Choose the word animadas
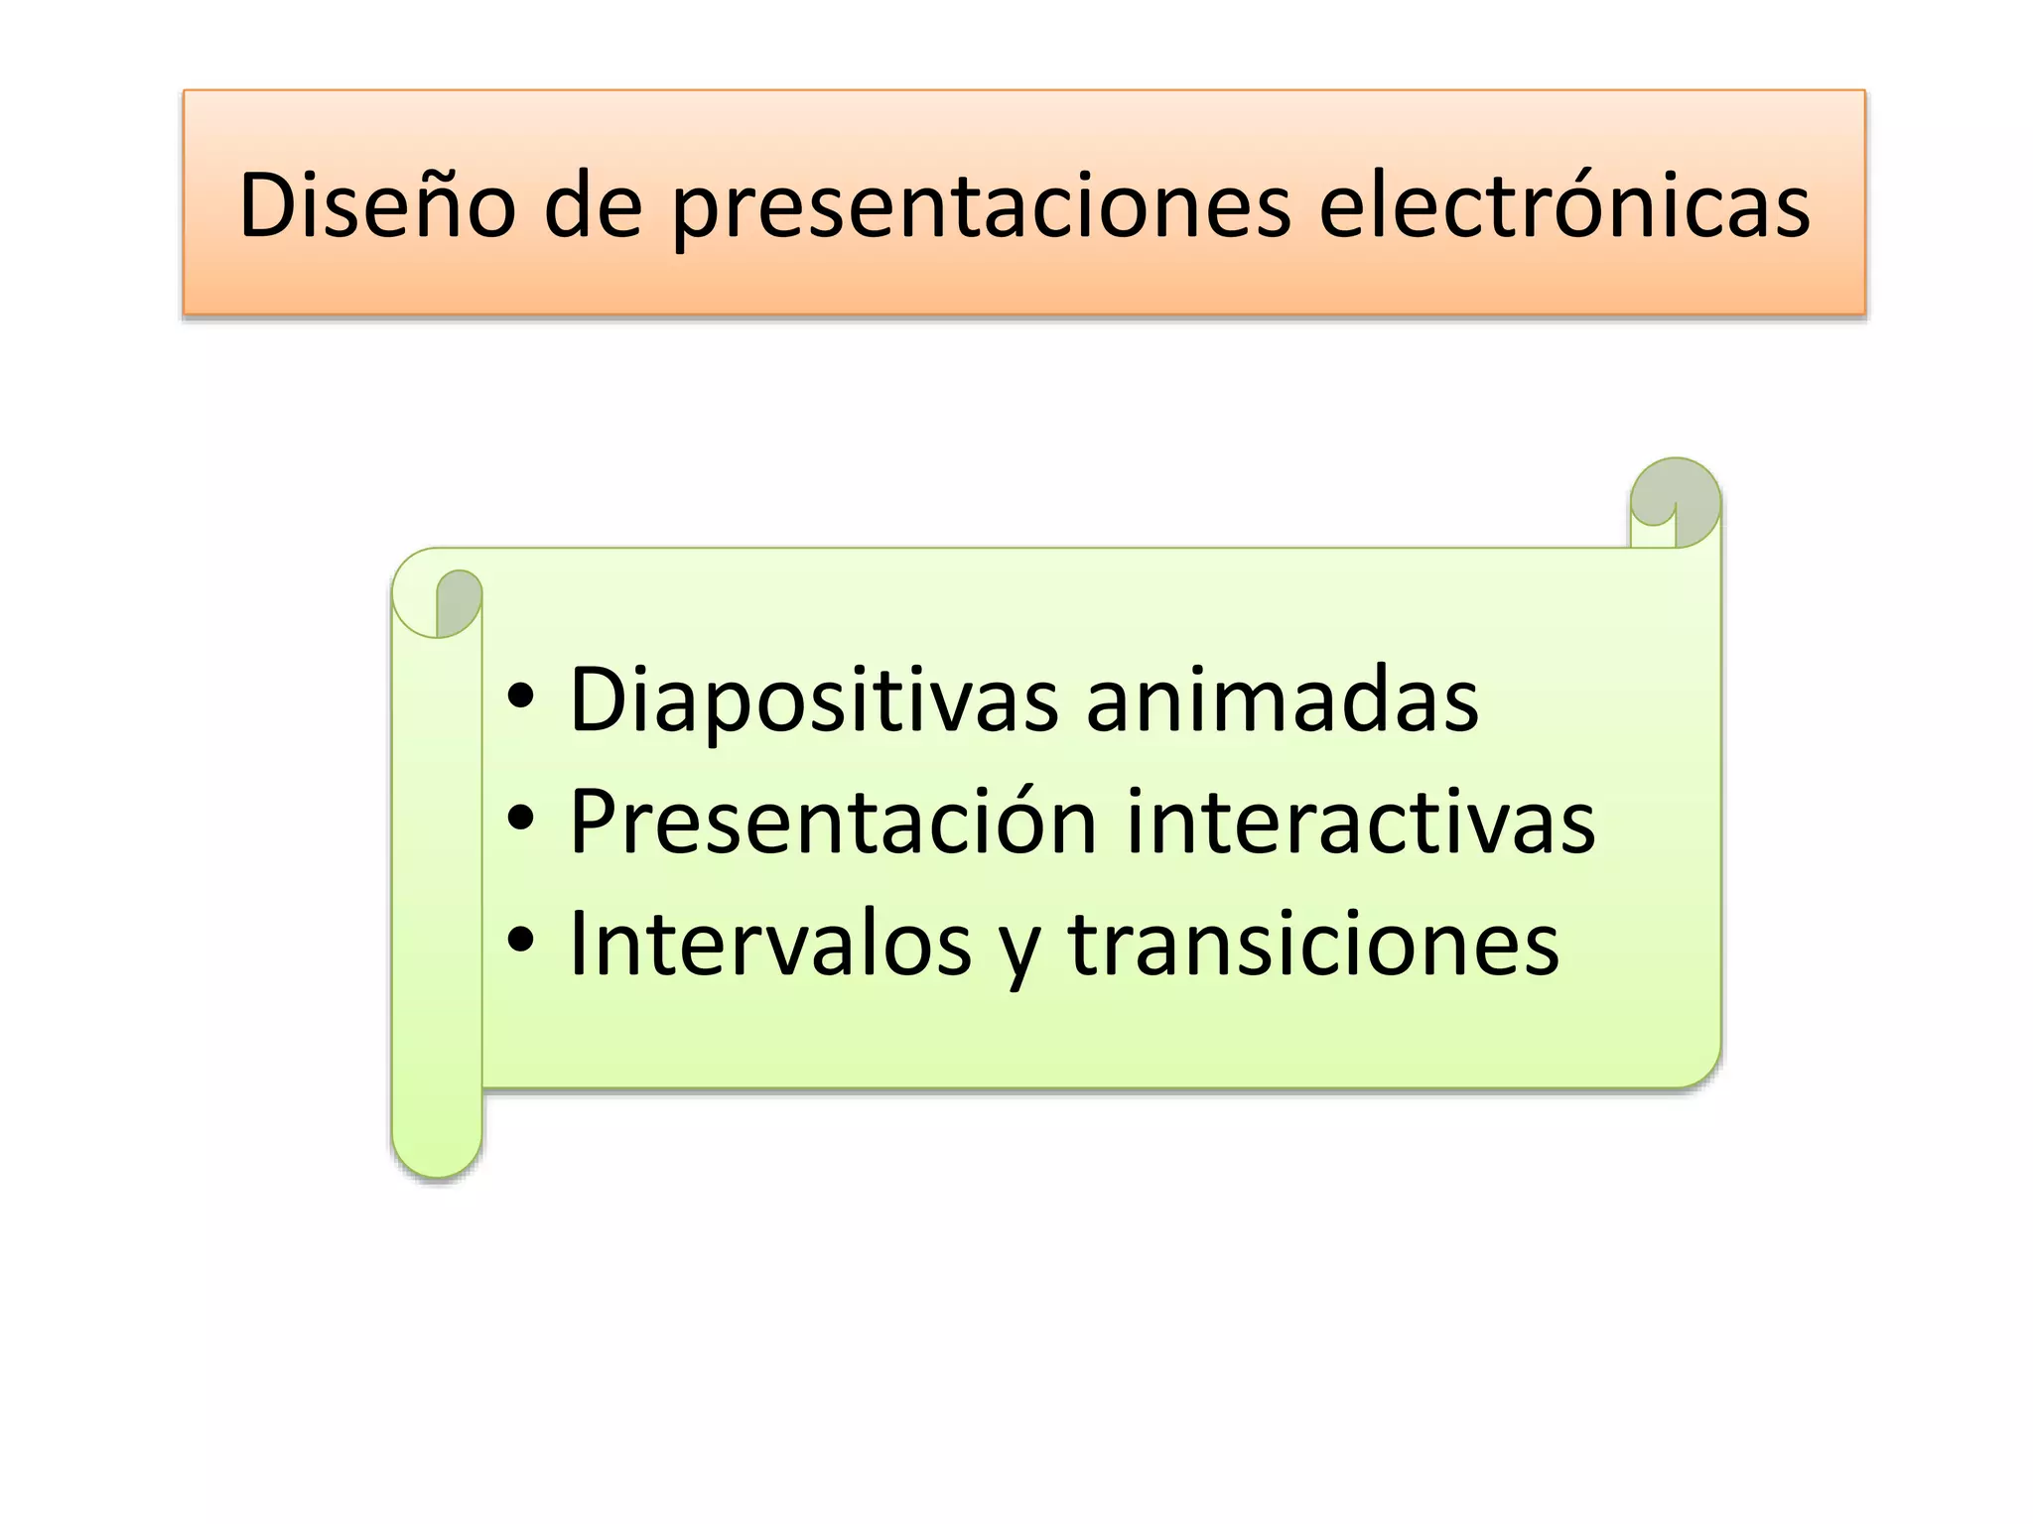pos(1282,700)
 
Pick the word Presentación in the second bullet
pos(833,822)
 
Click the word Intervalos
pos(769,944)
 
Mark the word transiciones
pos(1312,944)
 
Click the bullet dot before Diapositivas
pos(520,698)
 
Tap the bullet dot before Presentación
pos(520,819)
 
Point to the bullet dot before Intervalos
pos(520,940)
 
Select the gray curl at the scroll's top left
pos(458,601)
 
